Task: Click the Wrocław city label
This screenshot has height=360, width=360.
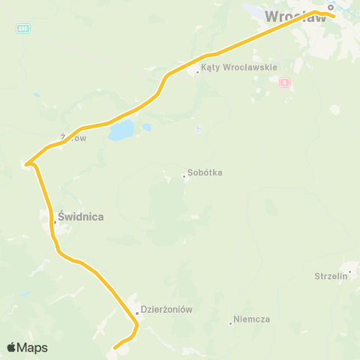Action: [297, 16]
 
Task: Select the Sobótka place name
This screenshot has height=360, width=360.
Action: [205, 172]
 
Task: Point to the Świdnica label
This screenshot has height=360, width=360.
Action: [80, 217]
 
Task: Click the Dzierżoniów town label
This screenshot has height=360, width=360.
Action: [167, 309]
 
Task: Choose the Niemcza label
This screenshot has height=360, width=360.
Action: [251, 319]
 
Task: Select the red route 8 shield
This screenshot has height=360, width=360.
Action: [283, 82]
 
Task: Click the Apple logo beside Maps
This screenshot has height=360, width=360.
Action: [11, 347]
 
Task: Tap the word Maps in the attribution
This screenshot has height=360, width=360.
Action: [33, 347]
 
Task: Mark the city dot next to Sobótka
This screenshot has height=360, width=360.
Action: [184, 177]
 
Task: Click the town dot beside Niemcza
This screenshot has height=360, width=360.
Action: [230, 323]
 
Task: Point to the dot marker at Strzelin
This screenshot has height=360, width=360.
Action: [349, 271]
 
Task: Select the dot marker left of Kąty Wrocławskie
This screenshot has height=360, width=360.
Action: [197, 72]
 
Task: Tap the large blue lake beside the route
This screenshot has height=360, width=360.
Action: [121, 132]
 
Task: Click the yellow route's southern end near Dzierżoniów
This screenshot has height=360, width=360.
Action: [114, 348]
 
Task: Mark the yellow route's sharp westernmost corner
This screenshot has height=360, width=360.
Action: [26, 163]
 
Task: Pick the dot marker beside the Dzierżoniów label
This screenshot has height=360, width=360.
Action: [137, 313]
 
